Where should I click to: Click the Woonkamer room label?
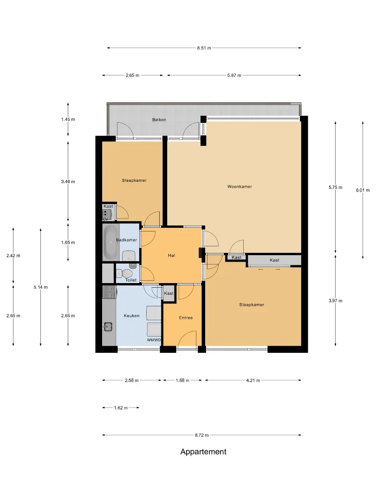pyautogui.click(x=240, y=186)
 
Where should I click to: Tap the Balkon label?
pyautogui.click(x=159, y=120)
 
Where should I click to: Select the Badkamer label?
pyautogui.click(x=126, y=240)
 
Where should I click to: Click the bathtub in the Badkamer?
pyautogui.click(x=110, y=242)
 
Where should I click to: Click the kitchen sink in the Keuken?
pyautogui.click(x=108, y=327)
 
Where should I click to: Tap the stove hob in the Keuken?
pyautogui.click(x=110, y=292)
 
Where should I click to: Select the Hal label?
pyautogui.click(x=171, y=256)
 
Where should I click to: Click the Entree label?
pyautogui.click(x=186, y=317)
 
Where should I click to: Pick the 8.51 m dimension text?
pyautogui.click(x=204, y=48)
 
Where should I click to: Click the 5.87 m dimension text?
pyautogui.click(x=234, y=76)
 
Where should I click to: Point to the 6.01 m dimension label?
pyautogui.click(x=363, y=190)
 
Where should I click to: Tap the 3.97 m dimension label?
pyautogui.click(x=336, y=301)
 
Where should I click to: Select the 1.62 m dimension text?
pyautogui.click(x=121, y=408)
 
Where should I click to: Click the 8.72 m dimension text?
pyautogui.click(x=202, y=435)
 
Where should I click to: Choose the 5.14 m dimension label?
pyautogui.click(x=40, y=287)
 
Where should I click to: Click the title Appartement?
pyautogui.click(x=203, y=452)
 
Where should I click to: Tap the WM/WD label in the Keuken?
pyautogui.click(x=154, y=340)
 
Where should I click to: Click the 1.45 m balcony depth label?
pyautogui.click(x=68, y=119)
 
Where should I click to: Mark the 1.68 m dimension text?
pyautogui.click(x=182, y=380)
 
